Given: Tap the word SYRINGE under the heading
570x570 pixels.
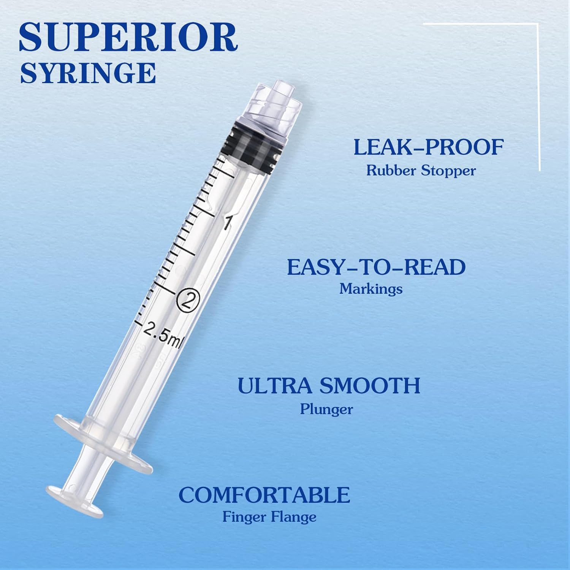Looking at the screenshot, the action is pos(88,73).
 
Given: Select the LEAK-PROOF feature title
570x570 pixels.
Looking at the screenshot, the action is pos(429,147).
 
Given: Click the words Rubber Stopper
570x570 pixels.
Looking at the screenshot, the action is pos(421,170).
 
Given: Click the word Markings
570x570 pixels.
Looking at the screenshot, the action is pos(371,289).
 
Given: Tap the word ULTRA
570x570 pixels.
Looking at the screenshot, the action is pos(275,385).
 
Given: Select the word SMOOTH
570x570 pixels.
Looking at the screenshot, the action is pos(370,385).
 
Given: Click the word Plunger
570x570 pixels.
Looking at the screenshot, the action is pos(326,409).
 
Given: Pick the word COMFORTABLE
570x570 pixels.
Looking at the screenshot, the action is pos(264,494).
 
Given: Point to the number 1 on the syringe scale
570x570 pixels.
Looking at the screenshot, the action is pos(227,223).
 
